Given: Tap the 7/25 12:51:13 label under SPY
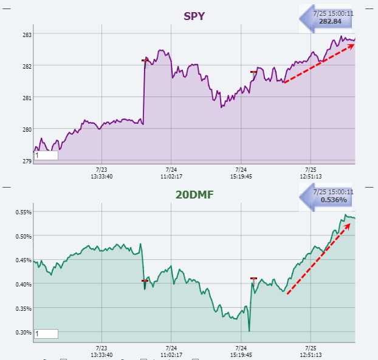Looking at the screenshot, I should [310, 173].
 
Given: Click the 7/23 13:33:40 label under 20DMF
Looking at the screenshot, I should [101, 352].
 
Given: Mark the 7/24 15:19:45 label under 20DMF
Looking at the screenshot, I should [241, 352].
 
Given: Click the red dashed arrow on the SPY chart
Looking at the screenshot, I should [318, 63].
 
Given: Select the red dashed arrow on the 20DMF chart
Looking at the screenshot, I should [318, 259].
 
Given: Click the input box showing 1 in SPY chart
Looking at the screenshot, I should [46, 155].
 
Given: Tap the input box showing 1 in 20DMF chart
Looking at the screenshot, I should [46, 333].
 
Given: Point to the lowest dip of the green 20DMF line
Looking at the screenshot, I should [249, 330].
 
